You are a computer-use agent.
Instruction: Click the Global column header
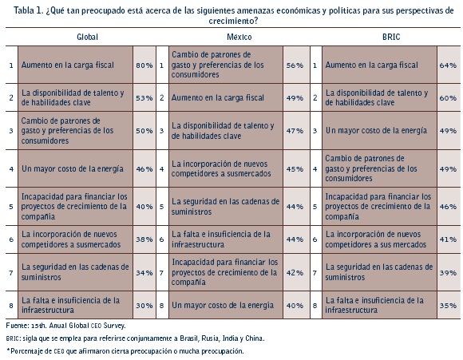pyautogui.click(x=87, y=37)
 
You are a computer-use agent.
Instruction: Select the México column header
pyautogui.click(x=239, y=37)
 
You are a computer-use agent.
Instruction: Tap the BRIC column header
pyautogui.click(x=391, y=37)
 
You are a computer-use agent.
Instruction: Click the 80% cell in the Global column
pyautogui.click(x=144, y=65)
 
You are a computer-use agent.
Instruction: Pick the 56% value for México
pyautogui.click(x=295, y=65)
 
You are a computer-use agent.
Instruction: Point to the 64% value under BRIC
pyautogui.click(x=448, y=65)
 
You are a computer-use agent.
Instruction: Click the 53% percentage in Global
pyautogui.click(x=144, y=97)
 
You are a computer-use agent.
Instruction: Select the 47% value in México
pyautogui.click(x=295, y=131)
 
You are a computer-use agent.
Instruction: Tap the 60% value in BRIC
pyautogui.click(x=448, y=97)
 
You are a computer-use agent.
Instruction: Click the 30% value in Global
pyautogui.click(x=144, y=306)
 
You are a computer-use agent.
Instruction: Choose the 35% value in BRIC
pyautogui.click(x=448, y=306)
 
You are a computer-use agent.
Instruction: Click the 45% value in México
pyautogui.click(x=295, y=169)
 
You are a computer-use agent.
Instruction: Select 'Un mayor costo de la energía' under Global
pyautogui.click(x=73, y=169)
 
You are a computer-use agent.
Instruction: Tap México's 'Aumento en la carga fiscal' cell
pyautogui.click(x=218, y=97)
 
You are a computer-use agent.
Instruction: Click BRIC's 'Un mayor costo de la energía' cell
pyautogui.click(x=376, y=131)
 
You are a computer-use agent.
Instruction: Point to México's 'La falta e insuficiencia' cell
pyautogui.click(x=221, y=239)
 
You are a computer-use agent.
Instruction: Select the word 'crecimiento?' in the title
pyautogui.click(x=233, y=21)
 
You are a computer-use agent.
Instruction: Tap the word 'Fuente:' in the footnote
pyautogui.click(x=18, y=326)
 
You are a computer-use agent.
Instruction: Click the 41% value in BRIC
pyautogui.click(x=448, y=239)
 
